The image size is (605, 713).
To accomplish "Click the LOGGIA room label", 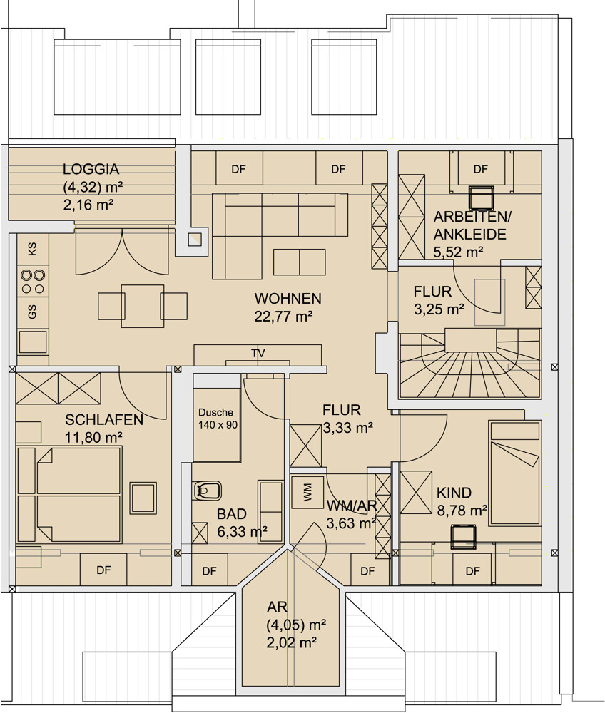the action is (91, 169).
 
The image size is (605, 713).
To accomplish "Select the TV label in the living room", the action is (258, 354).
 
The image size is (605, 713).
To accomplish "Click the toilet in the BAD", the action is (208, 491).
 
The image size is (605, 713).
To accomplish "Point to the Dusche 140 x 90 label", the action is (218, 419).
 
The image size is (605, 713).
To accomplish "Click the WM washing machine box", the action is (307, 492).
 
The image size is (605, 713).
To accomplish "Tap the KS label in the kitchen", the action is (32, 249).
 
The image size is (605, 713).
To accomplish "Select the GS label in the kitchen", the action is (32, 312).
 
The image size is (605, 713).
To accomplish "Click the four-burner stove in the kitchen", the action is (33, 282).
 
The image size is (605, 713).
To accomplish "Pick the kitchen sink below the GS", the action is (33, 342).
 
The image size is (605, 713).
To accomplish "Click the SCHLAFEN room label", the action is (104, 420).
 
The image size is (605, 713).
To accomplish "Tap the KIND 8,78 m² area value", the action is (462, 511).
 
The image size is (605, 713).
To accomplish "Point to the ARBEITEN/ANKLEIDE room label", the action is (472, 225).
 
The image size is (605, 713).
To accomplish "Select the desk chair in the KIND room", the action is (463, 537).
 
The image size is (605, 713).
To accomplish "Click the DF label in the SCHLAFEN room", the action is (103, 570).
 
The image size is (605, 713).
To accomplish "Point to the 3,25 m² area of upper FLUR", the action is (439, 309).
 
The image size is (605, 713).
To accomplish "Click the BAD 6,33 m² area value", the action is (242, 532).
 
